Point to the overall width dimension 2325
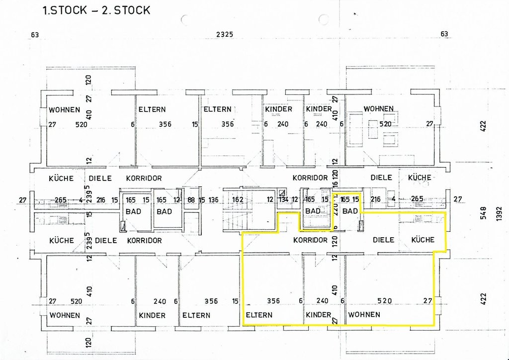[x=224, y=34]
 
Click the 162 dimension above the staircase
[x=238, y=200]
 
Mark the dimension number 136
[x=213, y=200]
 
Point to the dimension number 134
[x=283, y=200]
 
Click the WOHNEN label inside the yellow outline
[x=364, y=314]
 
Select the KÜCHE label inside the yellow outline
[x=423, y=240]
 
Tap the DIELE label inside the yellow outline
[x=383, y=240]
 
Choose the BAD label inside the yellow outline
[x=350, y=211]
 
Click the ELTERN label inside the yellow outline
[x=259, y=315]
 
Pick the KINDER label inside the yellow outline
[x=318, y=315]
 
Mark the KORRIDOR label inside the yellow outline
[x=310, y=240]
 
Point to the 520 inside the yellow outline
[x=385, y=300]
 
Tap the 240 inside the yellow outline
[x=322, y=300]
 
